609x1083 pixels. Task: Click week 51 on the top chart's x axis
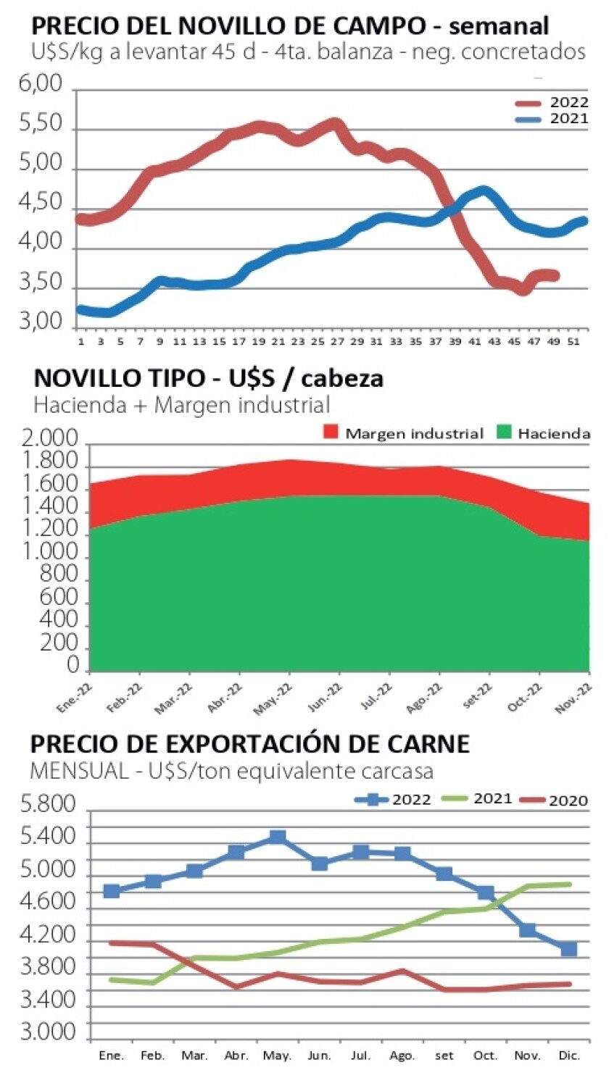point(575,341)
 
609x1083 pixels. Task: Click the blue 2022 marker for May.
point(277,837)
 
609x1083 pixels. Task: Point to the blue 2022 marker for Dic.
point(569,949)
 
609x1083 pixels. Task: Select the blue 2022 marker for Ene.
point(112,890)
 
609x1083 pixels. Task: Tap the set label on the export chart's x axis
point(444,1055)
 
